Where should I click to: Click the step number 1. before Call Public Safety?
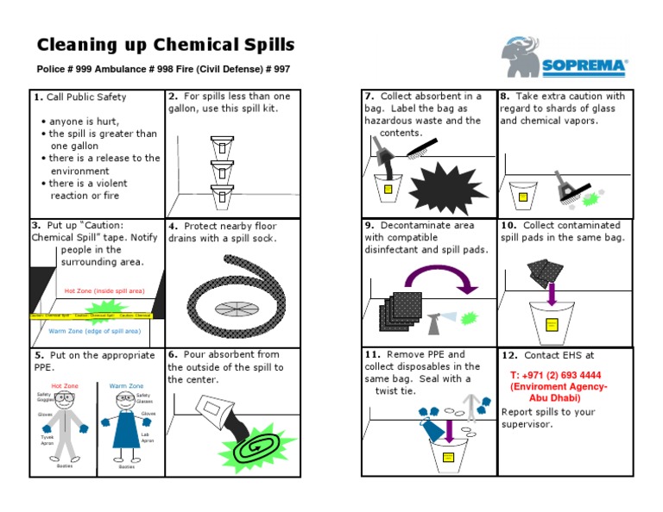pyautogui.click(x=38, y=97)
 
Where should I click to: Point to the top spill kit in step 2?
pyautogui.click(x=222, y=146)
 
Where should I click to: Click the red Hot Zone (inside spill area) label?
pyautogui.click(x=99, y=291)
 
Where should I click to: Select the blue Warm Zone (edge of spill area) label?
pyautogui.click(x=95, y=331)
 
